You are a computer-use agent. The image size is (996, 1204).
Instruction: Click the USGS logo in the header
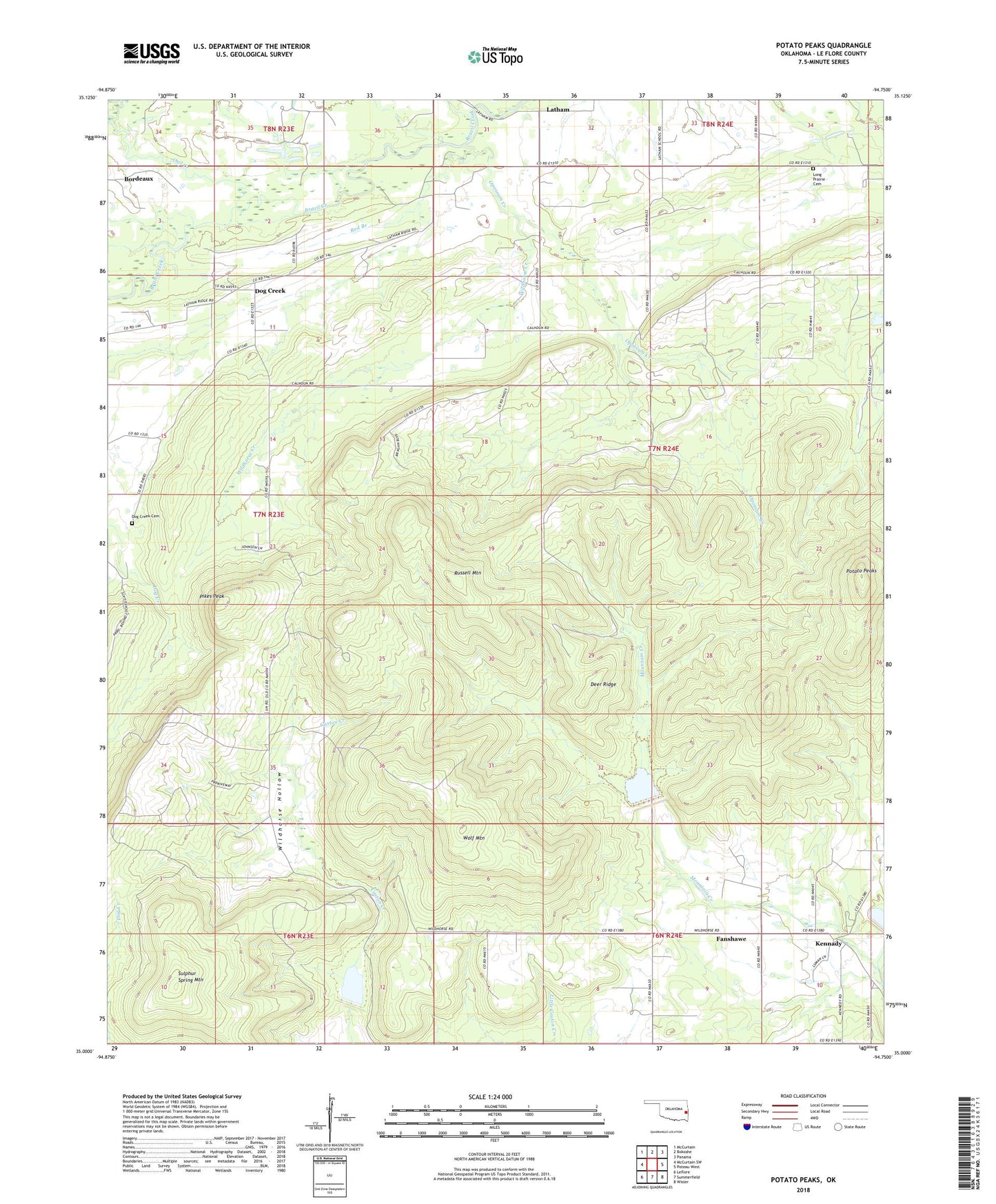pos(152,52)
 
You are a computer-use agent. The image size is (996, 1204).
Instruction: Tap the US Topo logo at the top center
pos(496,57)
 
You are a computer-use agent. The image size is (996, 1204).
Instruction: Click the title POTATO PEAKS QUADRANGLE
pos(823,46)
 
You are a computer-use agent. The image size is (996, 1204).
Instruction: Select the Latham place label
pos(558,110)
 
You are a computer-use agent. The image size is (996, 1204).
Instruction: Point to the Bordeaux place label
pos(139,179)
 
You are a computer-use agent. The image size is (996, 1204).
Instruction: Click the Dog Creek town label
pos(270,291)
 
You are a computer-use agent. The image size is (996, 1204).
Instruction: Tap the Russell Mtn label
pos(467,573)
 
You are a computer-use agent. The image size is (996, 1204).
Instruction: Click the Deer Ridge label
pos(603,684)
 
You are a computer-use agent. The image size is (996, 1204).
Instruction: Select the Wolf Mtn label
pos(474,838)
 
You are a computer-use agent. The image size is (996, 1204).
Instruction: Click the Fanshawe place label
pos(731,939)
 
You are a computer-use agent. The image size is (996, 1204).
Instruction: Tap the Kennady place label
pos(829,943)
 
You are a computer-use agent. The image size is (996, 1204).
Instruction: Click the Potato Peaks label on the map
pos(861,571)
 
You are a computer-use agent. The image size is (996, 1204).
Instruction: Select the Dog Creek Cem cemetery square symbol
pos(132,523)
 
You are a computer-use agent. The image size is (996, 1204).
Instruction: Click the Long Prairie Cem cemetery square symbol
pos(813,168)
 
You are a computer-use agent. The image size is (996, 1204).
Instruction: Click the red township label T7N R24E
pos(663,449)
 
